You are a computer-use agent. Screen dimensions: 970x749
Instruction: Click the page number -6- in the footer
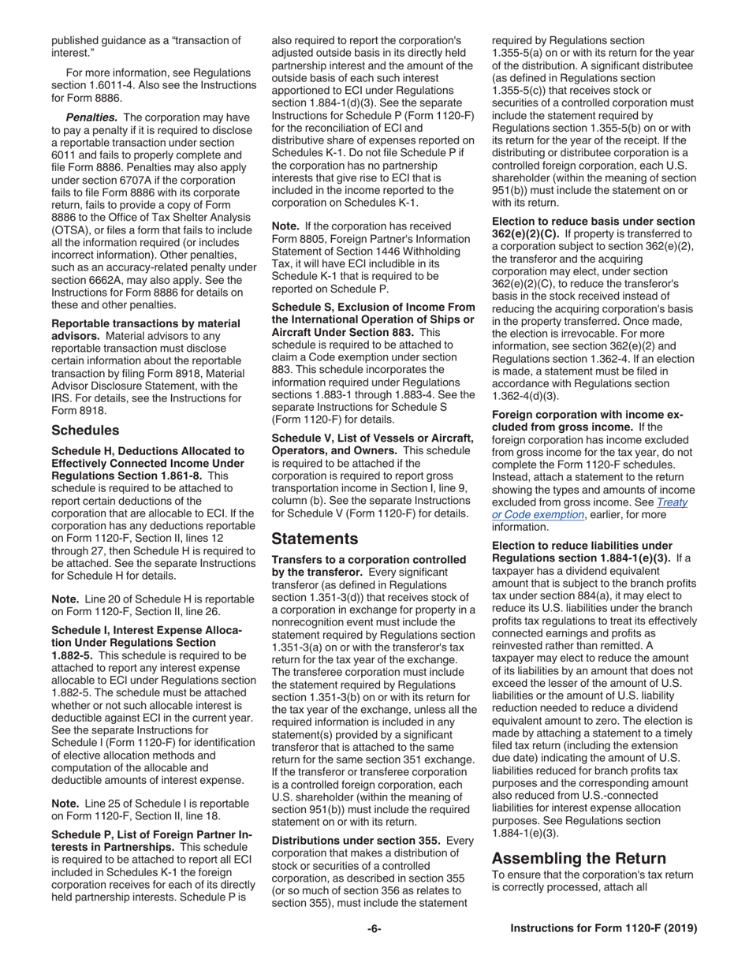click(x=374, y=928)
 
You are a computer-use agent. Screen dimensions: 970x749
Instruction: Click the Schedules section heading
click(x=85, y=430)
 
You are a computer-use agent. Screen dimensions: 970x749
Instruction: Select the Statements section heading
click(x=315, y=539)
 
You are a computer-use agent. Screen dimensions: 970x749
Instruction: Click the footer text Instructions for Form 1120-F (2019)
click(x=604, y=928)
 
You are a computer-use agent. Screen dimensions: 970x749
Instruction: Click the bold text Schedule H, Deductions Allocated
click(x=147, y=450)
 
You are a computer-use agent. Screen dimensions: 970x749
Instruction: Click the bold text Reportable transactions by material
click(x=146, y=323)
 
